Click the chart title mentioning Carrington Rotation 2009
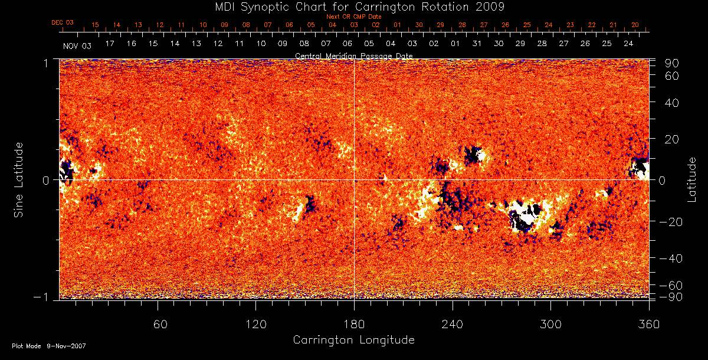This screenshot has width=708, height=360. [x=353, y=7]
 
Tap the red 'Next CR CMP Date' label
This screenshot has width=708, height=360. [x=353, y=17]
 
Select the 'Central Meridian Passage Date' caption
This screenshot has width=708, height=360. [x=353, y=55]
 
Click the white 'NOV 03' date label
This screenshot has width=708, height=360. [x=77, y=45]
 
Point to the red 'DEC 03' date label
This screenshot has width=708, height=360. [x=62, y=23]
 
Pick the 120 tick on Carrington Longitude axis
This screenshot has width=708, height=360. [x=255, y=325]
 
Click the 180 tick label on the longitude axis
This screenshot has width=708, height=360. [x=354, y=325]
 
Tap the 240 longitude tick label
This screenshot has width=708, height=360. [x=452, y=325]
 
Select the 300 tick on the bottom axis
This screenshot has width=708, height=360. [x=550, y=325]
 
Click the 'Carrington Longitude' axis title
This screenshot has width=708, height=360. [x=353, y=340]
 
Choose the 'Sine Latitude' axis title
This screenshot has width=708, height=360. [x=19, y=179]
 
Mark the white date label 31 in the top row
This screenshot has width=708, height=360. [x=477, y=44]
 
